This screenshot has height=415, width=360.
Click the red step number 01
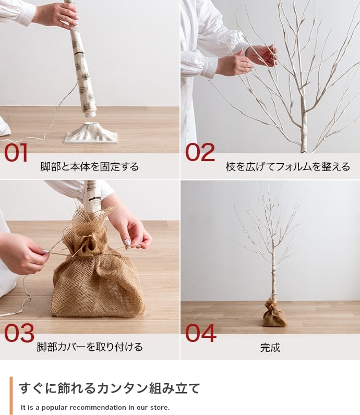coord(16,152)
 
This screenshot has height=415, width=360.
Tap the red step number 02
coord(200,152)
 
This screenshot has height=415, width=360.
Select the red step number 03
coord(19,333)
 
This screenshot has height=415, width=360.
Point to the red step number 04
coord(200,333)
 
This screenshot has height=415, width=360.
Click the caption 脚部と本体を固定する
coord(90,167)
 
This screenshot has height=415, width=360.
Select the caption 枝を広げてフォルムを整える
coord(287,167)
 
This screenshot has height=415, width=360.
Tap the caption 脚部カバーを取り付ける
coord(90,347)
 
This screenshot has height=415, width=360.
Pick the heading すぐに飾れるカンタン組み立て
coord(110,388)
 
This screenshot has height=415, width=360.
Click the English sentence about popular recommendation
coord(95,407)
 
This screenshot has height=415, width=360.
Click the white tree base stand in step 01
coord(91,133)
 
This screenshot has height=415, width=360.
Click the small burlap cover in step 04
coord(274,314)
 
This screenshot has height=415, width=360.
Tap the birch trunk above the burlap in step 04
coord(272,276)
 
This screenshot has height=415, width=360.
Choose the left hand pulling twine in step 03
coord(23,254)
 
